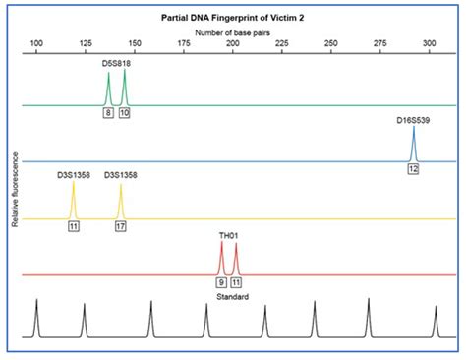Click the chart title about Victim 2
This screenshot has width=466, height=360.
point(232,19)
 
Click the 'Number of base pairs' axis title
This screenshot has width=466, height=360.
point(232,32)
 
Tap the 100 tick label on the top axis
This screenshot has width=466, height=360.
point(36,44)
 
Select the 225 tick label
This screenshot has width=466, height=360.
point(281,44)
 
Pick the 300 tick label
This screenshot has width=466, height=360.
point(428,44)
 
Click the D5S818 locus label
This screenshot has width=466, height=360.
point(116,62)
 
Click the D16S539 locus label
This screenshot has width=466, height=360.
point(414,119)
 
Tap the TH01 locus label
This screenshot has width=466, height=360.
point(229,236)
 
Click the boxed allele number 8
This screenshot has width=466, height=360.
point(108,113)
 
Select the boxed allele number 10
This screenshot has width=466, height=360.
point(125,113)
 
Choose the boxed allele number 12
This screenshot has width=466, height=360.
point(414,169)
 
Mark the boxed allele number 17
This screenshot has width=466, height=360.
point(121,227)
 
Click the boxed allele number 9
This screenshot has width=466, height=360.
point(221,282)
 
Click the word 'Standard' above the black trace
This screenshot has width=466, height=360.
point(232,296)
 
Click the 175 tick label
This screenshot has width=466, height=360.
point(184,44)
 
